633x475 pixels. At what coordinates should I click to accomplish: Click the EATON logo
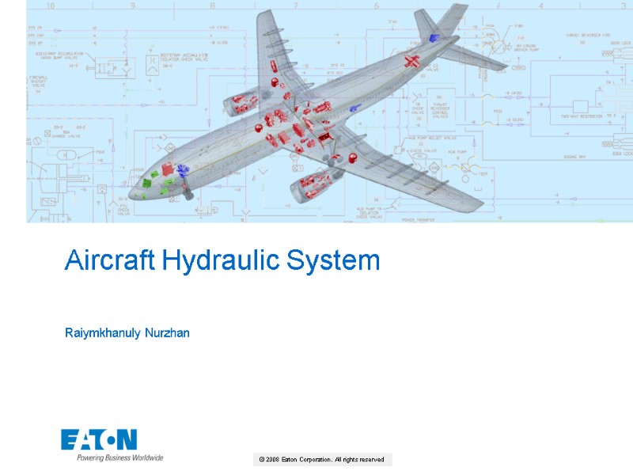point(99,439)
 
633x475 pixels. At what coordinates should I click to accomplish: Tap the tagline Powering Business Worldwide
point(119,458)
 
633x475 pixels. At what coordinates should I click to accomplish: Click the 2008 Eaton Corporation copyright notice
point(321,459)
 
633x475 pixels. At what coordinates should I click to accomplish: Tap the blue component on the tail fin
point(432,37)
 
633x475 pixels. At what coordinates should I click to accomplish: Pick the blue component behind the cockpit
point(182,169)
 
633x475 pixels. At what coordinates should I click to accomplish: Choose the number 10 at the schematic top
point(51,6)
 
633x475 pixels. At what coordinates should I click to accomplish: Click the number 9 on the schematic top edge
point(132,6)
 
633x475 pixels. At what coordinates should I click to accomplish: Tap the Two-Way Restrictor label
point(582,116)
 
